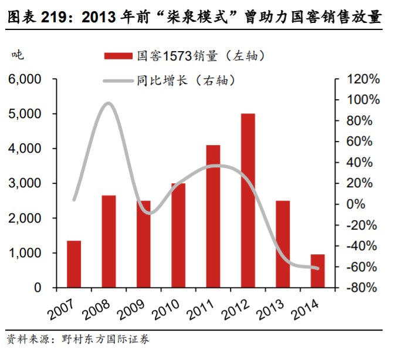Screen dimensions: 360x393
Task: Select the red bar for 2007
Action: (74, 264)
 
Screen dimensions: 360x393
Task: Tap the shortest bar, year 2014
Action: (317, 271)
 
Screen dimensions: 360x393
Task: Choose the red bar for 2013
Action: (283, 244)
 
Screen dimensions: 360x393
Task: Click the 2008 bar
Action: (109, 241)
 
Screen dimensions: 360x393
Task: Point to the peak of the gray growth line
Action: (108, 104)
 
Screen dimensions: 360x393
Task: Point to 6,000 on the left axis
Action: (24, 79)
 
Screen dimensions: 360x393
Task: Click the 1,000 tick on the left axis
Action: (24, 253)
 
